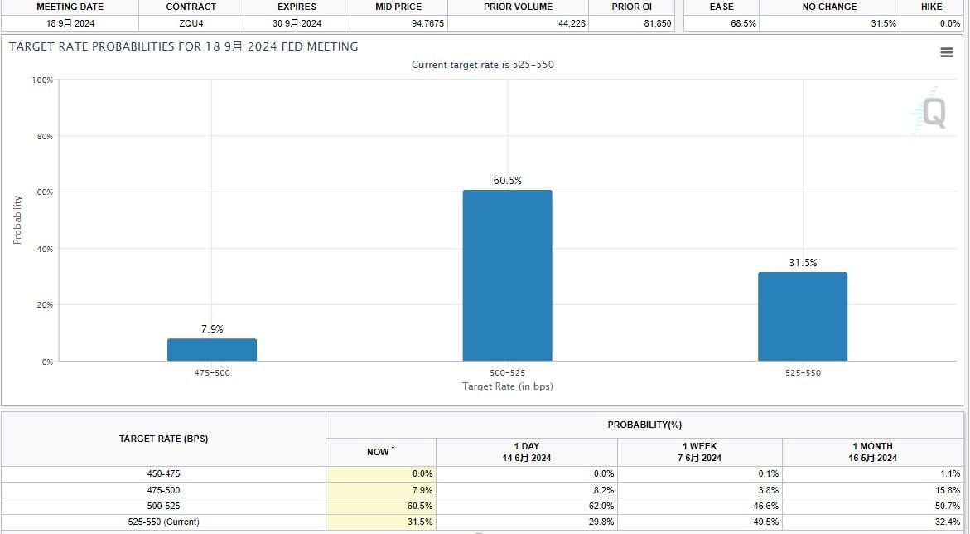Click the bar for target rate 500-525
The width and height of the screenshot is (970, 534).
pos(507,275)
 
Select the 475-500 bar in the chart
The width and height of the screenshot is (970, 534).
pos(212,349)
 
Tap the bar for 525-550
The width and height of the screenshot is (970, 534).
pos(802,316)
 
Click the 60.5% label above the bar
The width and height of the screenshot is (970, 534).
pos(508,181)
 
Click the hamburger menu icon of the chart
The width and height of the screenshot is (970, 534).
pos(947,52)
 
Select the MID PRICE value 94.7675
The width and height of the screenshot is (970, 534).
pos(428,23)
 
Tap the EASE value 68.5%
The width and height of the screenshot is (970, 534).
pos(743,23)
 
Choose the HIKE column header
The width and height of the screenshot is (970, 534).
pos(931,7)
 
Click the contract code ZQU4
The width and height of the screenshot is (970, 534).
pos(191,23)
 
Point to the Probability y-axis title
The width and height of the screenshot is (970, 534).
pos(17,220)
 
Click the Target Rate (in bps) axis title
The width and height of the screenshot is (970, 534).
pos(507,386)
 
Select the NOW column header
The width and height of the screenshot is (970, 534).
pos(380,452)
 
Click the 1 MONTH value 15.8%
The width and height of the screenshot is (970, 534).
pos(948,490)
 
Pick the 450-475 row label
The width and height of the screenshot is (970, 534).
pos(163,473)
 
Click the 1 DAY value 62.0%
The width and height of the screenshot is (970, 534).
pos(601,506)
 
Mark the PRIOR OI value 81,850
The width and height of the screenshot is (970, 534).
pos(657,23)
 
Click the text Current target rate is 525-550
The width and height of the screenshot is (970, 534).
pos(483,65)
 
